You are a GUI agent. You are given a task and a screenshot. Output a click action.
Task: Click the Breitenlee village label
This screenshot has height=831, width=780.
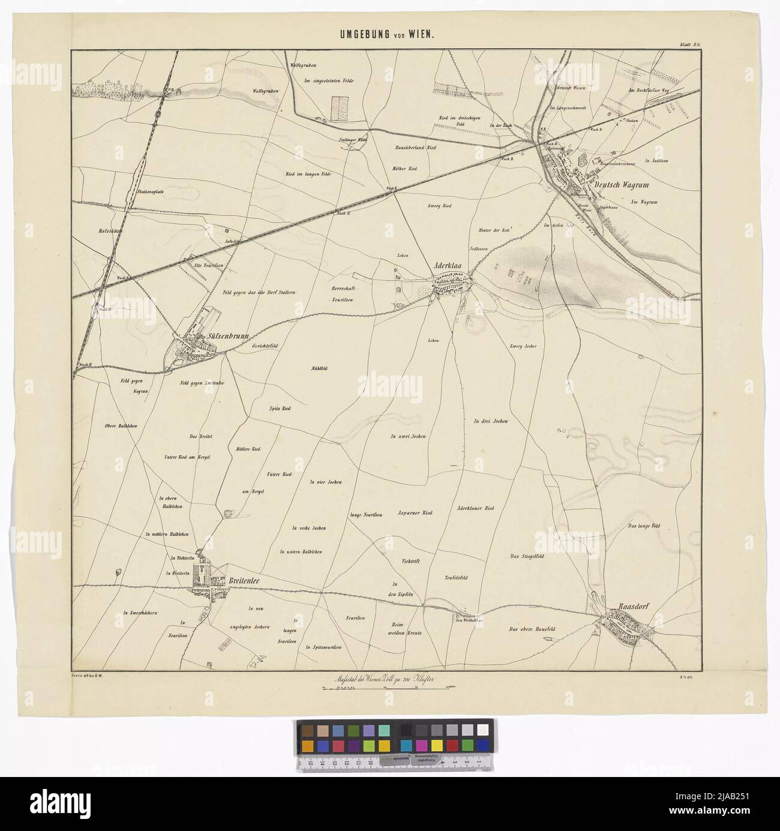pyautogui.click(x=247, y=580)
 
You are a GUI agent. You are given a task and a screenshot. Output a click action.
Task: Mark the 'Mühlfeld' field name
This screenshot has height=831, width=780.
pyautogui.click(x=322, y=368)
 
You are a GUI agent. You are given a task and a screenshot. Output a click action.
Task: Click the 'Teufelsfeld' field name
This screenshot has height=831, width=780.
pyautogui.click(x=456, y=578)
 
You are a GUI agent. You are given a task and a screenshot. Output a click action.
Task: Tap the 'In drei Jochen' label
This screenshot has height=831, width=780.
pyautogui.click(x=491, y=422)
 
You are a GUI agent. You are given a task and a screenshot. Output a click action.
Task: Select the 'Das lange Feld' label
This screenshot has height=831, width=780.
pyautogui.click(x=644, y=526)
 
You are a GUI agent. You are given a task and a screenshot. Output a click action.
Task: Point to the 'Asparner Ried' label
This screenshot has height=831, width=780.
pyautogui.click(x=415, y=513)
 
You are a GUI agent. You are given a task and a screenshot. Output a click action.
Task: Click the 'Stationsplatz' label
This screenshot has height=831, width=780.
pyautogui.click(x=151, y=192)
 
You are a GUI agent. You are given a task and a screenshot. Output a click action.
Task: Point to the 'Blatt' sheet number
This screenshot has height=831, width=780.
pyautogui.click(x=689, y=44)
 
